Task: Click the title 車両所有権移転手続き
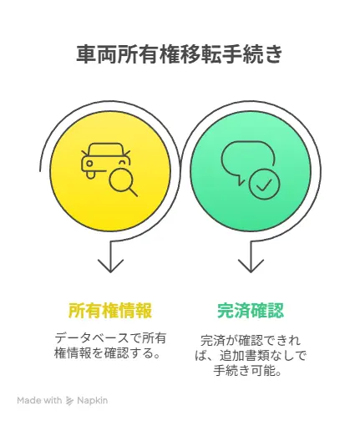180,54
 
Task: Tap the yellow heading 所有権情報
110,310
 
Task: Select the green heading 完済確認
251,310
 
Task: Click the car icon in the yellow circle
106,161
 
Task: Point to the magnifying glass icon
123,182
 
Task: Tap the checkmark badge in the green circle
264,184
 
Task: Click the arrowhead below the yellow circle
110,266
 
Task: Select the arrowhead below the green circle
251,266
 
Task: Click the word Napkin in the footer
92,400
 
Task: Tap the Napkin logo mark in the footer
69,401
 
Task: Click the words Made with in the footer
39,400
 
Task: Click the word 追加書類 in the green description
244,356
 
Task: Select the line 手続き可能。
247,371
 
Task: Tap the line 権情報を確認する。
108,353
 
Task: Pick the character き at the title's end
273,54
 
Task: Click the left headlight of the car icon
89,164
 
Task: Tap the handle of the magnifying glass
133,192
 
